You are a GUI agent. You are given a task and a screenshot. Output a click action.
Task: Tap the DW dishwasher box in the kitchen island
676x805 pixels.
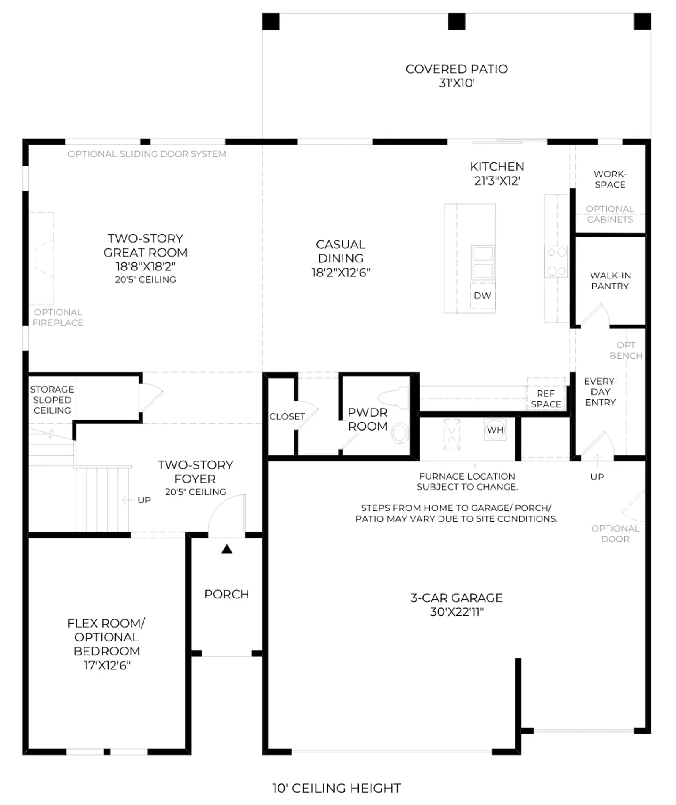[x=482, y=295]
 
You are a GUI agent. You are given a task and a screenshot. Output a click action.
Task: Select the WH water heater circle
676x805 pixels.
[x=495, y=430]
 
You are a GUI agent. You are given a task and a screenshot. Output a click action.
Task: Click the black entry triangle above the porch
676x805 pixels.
[x=227, y=549]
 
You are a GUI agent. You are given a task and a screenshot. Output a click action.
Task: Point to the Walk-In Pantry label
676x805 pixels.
[x=610, y=281]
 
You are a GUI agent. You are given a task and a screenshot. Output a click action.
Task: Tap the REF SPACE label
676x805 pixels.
[x=546, y=399]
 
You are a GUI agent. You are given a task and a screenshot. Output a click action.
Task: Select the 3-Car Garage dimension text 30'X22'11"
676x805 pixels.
[x=457, y=612]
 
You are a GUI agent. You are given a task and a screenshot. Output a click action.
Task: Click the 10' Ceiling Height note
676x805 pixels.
[x=336, y=788]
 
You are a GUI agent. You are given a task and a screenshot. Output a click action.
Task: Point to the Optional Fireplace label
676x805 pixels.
[x=58, y=317]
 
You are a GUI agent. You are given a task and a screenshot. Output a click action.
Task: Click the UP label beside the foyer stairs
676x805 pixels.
[x=144, y=500]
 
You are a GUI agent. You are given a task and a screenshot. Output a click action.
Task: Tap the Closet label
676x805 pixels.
[x=287, y=417]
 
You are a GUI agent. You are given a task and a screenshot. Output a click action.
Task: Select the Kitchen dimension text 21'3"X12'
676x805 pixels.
[x=497, y=181]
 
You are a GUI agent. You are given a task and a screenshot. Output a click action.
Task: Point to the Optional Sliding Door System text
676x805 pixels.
[x=147, y=154]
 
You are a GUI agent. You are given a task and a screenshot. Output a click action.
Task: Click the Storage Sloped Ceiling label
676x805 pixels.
[x=52, y=400]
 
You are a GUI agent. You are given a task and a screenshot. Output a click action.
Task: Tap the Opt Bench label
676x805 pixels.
[x=626, y=350]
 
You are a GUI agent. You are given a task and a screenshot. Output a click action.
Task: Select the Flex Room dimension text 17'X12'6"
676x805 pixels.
[x=107, y=666]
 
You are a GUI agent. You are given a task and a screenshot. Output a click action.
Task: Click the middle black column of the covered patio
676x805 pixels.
[x=456, y=22]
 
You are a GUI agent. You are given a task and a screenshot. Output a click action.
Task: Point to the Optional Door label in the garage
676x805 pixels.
[x=615, y=534]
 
